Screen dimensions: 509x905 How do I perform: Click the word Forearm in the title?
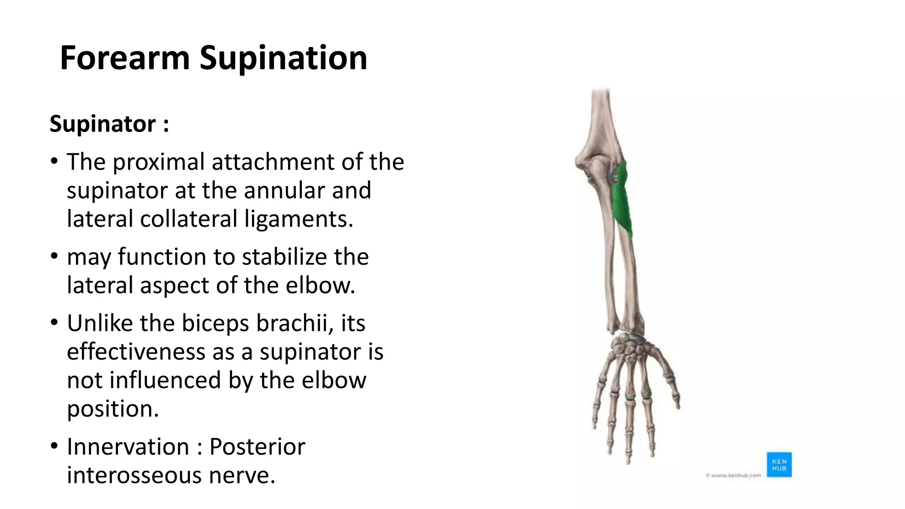125,58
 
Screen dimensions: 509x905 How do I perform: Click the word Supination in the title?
283,59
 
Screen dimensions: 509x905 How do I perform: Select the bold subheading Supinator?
103,124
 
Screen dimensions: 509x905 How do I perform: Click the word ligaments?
299,219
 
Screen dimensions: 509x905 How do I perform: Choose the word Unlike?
100,323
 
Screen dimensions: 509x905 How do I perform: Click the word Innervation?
128,447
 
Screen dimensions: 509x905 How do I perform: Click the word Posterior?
257,447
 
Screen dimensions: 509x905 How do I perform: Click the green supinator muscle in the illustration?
621,201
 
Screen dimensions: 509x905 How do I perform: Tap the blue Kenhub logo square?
779,464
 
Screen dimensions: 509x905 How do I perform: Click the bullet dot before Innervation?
54,445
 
